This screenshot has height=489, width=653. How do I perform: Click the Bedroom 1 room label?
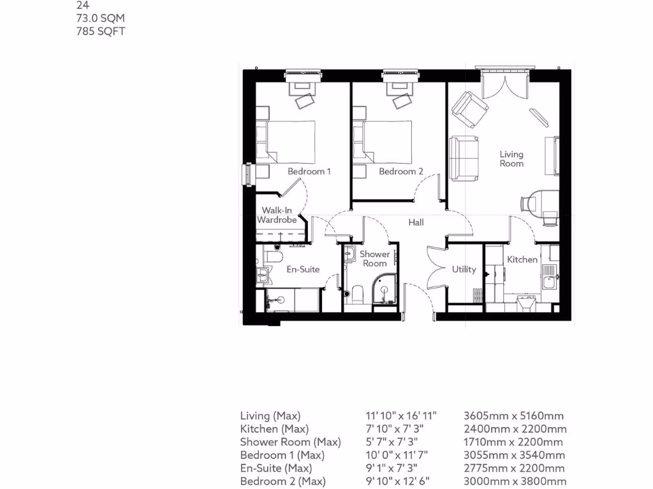pos(309,171)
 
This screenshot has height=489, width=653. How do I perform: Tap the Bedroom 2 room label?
pos(401,171)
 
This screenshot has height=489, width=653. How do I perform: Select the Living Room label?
pos(511,159)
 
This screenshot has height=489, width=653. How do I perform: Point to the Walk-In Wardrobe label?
pos(277,215)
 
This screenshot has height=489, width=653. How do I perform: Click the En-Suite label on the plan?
pos(303,269)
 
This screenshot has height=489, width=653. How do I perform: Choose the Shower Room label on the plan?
pos(374,259)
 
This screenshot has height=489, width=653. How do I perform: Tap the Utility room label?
pos(464,269)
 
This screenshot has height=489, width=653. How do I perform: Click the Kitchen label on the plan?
pos(522,260)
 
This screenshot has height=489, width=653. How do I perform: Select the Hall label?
pos(416,222)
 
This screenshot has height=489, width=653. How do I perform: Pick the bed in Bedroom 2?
pos(383,142)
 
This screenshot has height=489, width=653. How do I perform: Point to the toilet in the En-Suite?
pos(274,257)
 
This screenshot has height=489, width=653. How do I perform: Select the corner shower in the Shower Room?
pos(385,290)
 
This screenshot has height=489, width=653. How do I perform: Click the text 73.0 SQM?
pos(100,18)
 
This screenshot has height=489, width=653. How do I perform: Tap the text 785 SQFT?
pos(100,31)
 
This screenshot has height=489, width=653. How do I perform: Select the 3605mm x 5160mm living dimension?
pos(513,416)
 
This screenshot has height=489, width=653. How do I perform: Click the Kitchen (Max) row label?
pos(274,429)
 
